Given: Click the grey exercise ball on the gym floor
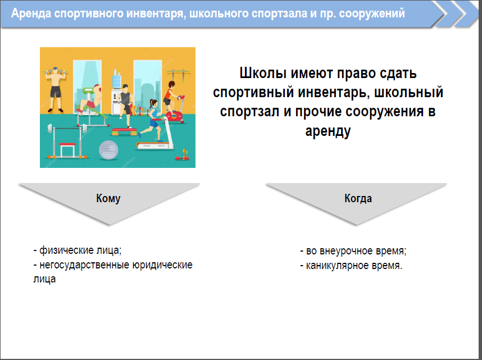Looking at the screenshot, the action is pos(108,150).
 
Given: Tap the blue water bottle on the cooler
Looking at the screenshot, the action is pos(117,79).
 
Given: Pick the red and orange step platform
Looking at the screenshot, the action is pos(124,132).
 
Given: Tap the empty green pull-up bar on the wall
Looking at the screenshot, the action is pos(178,74).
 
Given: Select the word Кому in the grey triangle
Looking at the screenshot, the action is pos(108,198).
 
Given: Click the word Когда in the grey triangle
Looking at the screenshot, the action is pos(358,198).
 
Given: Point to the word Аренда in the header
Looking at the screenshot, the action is pos(31,13).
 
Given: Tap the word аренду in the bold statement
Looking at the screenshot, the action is pos(328,131).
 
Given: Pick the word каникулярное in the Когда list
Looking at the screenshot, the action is pos(337,265).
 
